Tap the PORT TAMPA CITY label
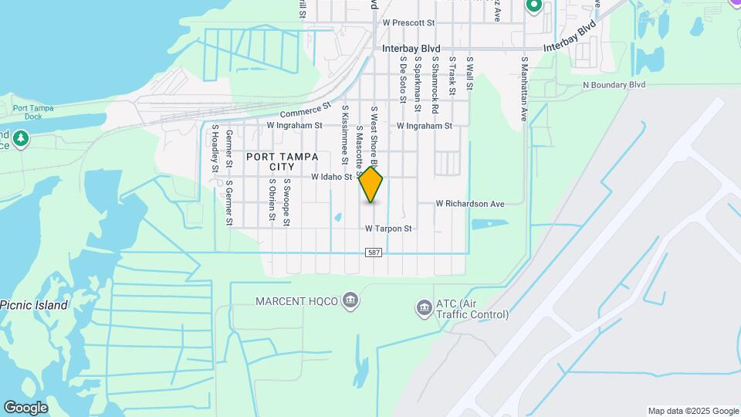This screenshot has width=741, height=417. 282,161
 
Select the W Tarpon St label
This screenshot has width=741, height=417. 388,229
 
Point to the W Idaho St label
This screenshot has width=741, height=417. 331,177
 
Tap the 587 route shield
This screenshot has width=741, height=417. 374,253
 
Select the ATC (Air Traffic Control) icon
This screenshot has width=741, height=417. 423,308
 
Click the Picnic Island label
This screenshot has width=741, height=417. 34,305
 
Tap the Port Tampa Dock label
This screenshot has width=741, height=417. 33,112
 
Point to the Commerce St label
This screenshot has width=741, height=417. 305,112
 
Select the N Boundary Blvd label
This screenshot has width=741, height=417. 614,85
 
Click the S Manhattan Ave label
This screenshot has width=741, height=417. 524,88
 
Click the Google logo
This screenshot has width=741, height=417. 25,407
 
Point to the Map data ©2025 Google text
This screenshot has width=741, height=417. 692,411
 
